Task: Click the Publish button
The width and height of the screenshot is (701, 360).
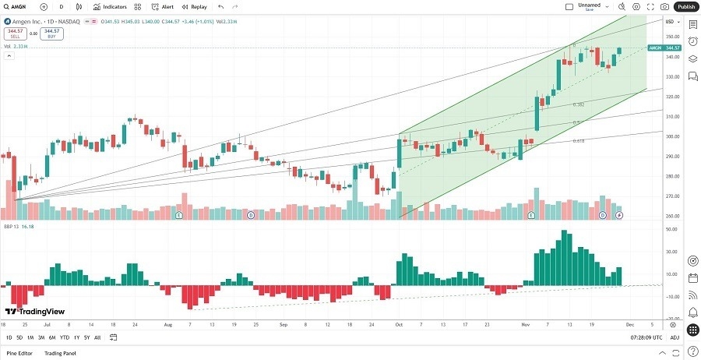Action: [685, 6]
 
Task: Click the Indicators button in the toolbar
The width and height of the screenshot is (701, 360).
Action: [110, 6]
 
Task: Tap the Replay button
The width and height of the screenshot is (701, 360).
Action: [195, 6]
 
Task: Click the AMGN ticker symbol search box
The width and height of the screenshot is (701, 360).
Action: [19, 6]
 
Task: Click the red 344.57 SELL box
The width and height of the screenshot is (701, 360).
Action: [16, 34]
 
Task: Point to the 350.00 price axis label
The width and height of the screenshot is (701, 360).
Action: [669, 37]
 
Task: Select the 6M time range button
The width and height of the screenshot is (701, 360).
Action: [52, 337]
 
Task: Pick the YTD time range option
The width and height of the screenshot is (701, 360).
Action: [65, 337]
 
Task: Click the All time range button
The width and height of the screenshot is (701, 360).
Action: [97, 337]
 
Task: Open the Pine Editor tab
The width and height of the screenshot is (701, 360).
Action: [19, 353]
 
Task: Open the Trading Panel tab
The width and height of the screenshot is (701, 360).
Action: [59, 353]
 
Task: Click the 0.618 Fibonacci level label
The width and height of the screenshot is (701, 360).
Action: [579, 141]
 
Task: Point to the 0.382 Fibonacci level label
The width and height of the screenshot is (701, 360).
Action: [579, 104]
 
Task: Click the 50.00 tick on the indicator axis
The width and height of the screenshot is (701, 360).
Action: [669, 230]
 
